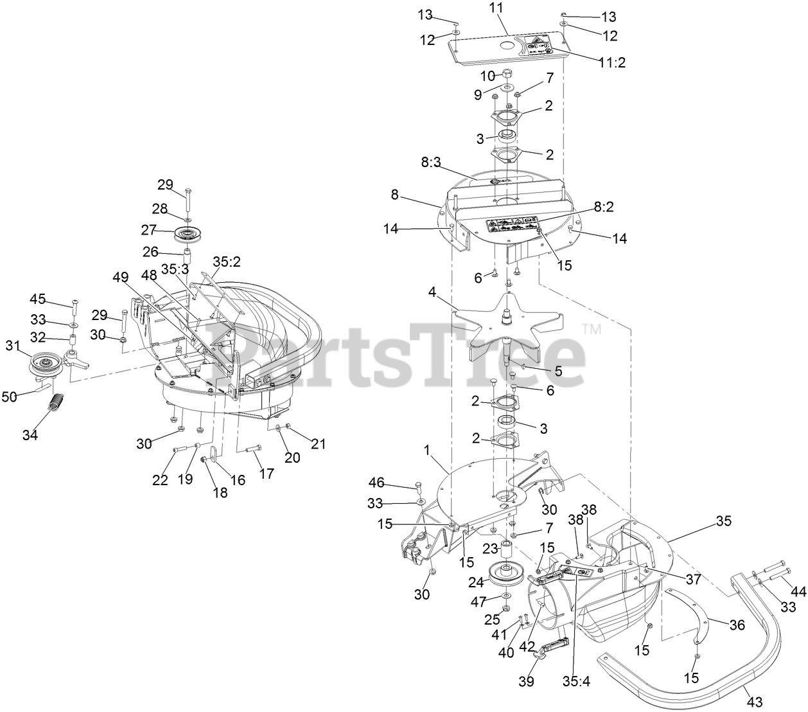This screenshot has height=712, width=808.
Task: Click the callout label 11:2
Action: click(611, 62)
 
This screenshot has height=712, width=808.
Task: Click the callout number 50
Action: click(10, 397)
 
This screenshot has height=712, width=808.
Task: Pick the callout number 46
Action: click(378, 481)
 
